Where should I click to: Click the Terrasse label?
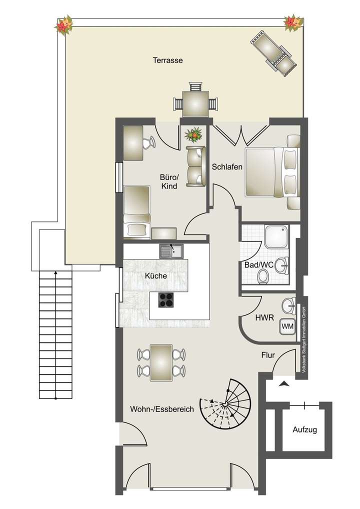pyautogui.click(x=167, y=60)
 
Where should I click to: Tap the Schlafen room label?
pyautogui.click(x=226, y=166)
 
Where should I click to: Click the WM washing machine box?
pyautogui.click(x=287, y=326)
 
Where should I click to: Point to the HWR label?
pyautogui.click(x=265, y=317)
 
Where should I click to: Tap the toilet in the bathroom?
pyautogui.click(x=263, y=276)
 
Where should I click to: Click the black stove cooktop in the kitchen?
pyautogui.click(x=166, y=299)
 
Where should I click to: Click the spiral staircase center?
pyautogui.click(x=226, y=402)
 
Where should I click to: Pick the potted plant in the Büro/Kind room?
pyautogui.click(x=193, y=134)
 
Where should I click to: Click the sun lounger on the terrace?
pyautogui.click(x=274, y=52)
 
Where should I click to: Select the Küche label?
pyautogui.click(x=155, y=275)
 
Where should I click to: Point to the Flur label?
pyautogui.click(x=268, y=355)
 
